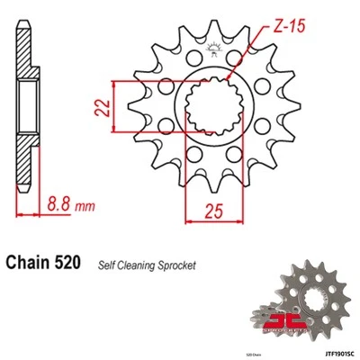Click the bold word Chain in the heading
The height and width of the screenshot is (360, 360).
[x=31, y=265]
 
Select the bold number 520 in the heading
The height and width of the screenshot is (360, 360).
[x=68, y=265]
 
